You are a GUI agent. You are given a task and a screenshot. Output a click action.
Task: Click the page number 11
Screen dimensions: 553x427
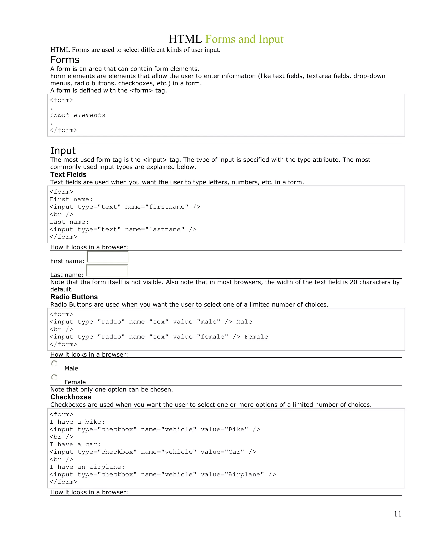tap(398, 514)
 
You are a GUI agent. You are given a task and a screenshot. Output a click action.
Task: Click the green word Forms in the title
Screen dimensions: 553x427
tap(220, 39)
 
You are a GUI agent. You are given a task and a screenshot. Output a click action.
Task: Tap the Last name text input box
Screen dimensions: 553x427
tap(107, 271)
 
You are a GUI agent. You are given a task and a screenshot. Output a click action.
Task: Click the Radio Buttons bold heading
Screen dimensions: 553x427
tap(74, 297)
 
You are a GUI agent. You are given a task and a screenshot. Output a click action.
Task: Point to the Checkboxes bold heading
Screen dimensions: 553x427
tap(71, 397)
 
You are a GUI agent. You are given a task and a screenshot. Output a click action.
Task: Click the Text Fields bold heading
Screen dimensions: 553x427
tap(68, 174)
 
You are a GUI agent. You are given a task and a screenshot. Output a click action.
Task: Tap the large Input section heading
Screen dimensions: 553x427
tap(63, 150)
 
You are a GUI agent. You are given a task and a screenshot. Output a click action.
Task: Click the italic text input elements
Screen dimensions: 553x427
tap(77, 115)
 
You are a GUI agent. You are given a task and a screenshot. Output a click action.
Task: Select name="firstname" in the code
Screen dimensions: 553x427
tap(157, 207)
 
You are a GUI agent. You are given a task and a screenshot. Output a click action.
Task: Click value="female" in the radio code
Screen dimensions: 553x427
tap(200, 337)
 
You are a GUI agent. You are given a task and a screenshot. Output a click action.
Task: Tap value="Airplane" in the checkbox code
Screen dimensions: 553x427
tap(232, 475)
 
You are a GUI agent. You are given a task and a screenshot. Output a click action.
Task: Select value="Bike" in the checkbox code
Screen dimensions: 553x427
tap(224, 429)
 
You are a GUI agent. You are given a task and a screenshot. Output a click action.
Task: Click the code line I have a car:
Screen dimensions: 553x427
tap(75, 444)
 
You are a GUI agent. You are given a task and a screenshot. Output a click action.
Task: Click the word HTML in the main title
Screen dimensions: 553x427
tap(185, 39)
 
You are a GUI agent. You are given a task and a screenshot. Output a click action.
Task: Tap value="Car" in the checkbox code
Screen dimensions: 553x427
tap(222, 452)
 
